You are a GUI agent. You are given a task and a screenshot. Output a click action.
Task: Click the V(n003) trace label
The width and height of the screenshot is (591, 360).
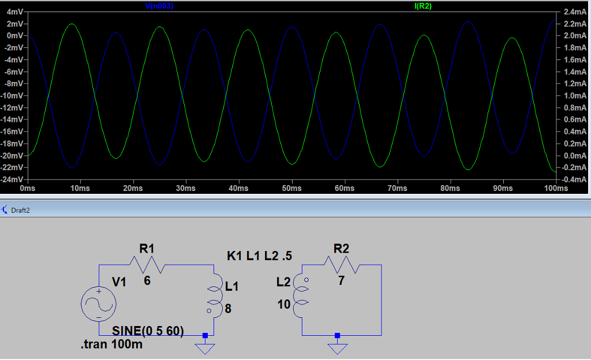point(159,6)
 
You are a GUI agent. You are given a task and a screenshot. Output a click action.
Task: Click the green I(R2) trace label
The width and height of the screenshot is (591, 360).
point(422,6)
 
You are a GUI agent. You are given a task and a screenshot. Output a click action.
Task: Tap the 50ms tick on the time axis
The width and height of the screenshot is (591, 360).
point(292,189)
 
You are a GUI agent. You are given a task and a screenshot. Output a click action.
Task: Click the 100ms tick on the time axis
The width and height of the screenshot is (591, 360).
point(555,189)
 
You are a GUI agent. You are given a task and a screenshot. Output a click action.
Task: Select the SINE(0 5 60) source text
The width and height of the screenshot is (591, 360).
point(148,331)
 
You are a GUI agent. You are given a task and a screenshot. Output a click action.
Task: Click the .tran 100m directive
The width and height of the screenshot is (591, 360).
point(111,345)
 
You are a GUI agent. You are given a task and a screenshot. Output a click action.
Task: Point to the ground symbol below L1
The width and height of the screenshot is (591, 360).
point(205,347)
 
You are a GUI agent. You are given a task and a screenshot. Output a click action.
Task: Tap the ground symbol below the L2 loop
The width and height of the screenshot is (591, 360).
point(338,347)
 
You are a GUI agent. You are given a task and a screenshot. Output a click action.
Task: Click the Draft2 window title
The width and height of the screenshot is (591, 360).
point(20,211)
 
